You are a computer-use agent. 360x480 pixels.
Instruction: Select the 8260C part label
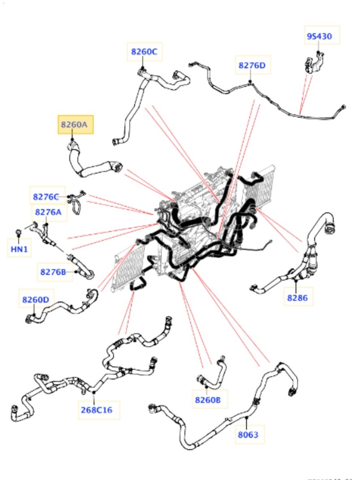tap(144, 51)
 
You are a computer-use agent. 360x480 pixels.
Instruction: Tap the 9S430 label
tap(319, 36)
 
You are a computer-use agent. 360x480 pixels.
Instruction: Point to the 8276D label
tap(252, 65)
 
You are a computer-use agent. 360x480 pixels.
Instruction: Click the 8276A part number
tap(49, 212)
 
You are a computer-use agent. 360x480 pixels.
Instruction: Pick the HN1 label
tap(19, 249)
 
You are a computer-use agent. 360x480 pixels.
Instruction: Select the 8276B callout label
tap(53, 272)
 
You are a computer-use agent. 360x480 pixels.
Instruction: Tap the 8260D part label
tap(35, 300)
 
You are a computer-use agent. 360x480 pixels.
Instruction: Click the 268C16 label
tap(96, 410)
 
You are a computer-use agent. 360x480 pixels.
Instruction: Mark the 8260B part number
tap(208, 400)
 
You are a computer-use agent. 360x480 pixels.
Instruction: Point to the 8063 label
tap(248, 435)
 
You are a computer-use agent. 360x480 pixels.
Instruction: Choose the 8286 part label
tap(298, 298)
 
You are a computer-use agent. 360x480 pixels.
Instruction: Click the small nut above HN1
tap(19, 232)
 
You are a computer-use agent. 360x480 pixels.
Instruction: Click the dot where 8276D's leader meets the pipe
tap(251, 82)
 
